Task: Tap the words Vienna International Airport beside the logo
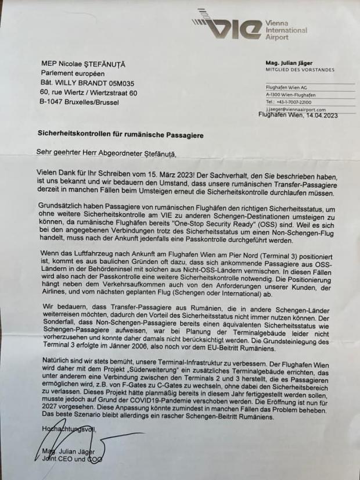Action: point(286,30)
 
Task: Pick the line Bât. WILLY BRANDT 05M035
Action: point(87,83)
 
